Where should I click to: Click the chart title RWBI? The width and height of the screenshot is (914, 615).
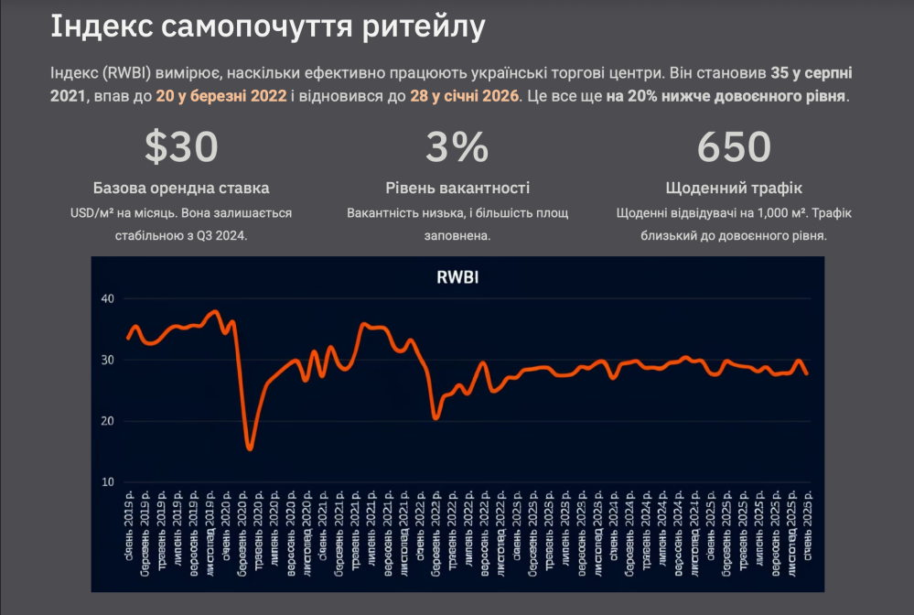[x=457, y=278]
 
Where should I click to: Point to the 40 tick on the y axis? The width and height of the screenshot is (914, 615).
[x=107, y=299]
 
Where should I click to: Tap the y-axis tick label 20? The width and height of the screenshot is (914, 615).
[x=107, y=421]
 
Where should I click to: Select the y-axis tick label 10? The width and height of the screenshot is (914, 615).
[x=107, y=482]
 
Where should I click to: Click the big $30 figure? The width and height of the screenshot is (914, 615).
[x=181, y=146]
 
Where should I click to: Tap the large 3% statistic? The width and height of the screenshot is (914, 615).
[x=457, y=146]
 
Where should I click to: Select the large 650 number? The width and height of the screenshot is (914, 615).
[x=734, y=146]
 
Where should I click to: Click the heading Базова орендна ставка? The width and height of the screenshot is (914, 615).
[x=181, y=189]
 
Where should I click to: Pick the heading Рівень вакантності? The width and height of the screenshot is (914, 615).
[x=457, y=189]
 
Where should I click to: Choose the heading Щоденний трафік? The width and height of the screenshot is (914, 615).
[x=734, y=189]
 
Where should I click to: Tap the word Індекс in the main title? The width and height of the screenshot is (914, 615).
[x=100, y=27]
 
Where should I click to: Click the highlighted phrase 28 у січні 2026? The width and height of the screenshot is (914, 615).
[x=464, y=95]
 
